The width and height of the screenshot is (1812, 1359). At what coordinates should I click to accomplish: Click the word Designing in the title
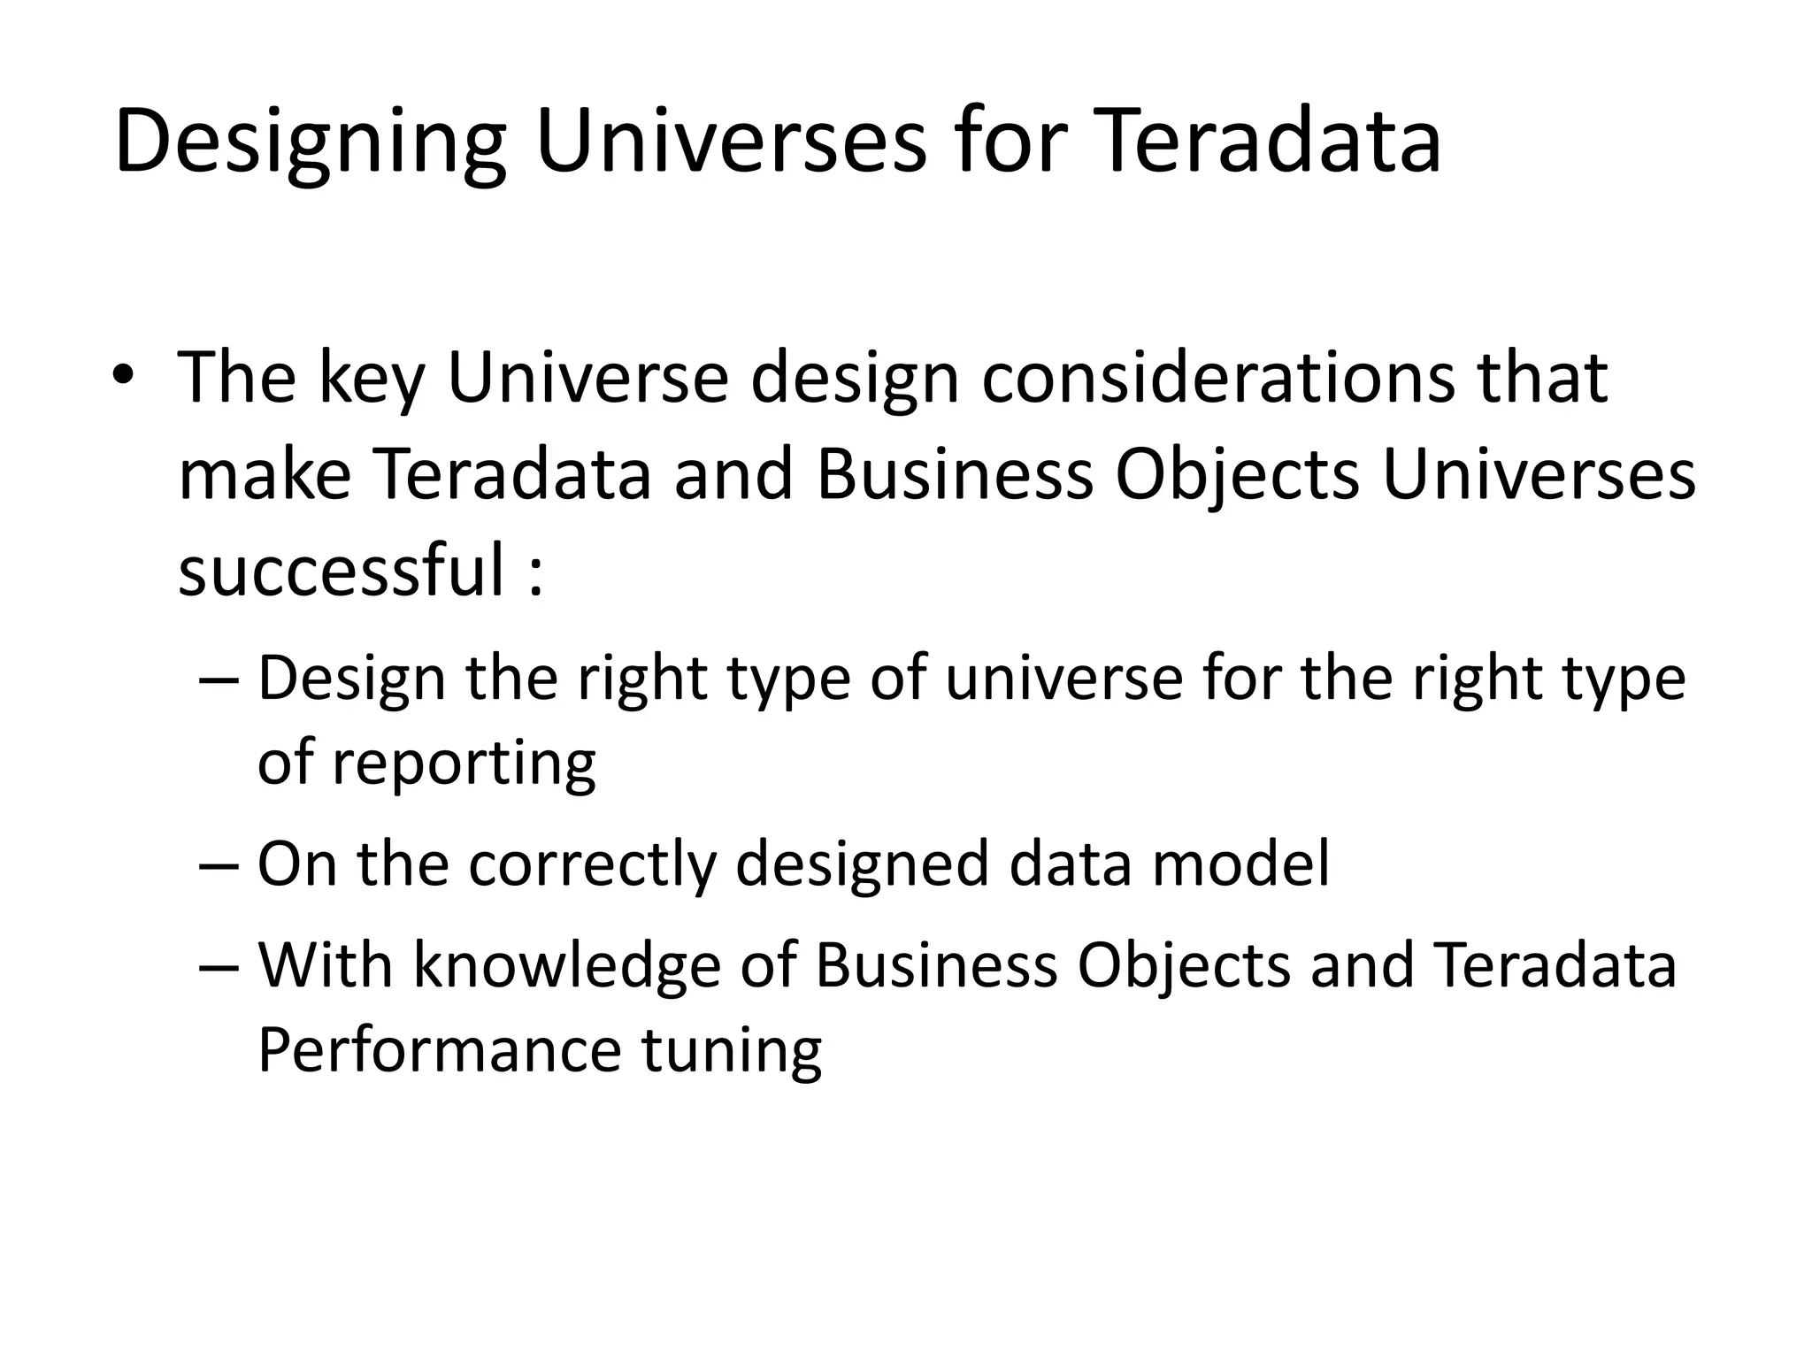click(310, 142)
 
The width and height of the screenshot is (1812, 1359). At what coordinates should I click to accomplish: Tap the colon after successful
click(534, 575)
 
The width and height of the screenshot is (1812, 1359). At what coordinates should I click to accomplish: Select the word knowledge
click(567, 966)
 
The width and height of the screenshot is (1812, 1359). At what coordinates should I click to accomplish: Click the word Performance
click(440, 1051)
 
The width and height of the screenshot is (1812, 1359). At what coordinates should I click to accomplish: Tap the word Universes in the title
click(731, 142)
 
